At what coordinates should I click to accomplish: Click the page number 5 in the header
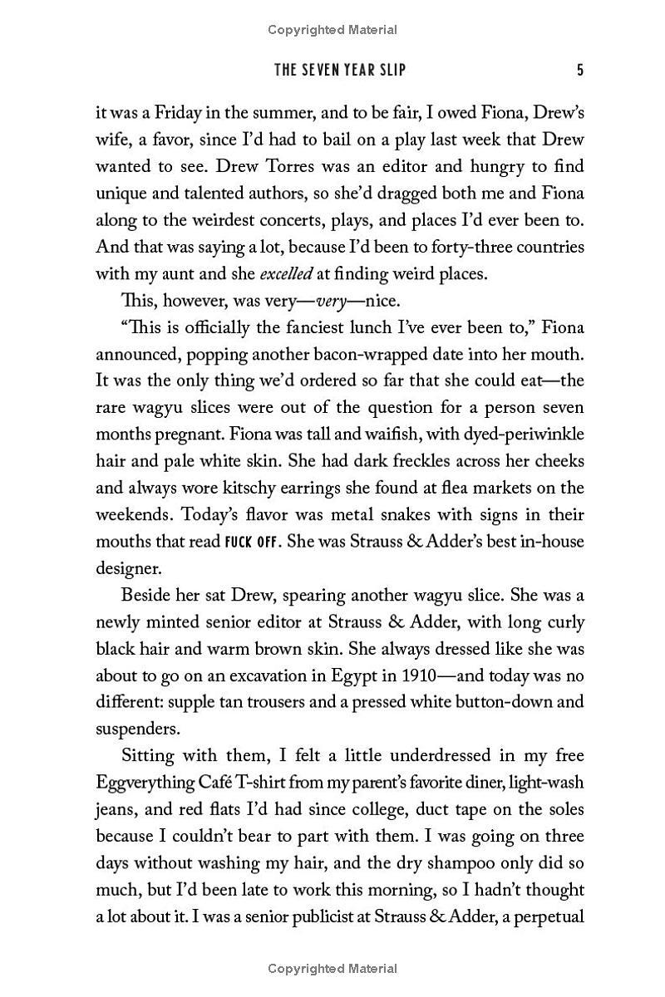(x=579, y=70)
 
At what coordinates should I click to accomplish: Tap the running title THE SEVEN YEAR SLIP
(x=340, y=70)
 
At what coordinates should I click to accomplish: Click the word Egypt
(x=398, y=675)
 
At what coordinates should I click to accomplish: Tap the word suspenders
(x=137, y=729)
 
